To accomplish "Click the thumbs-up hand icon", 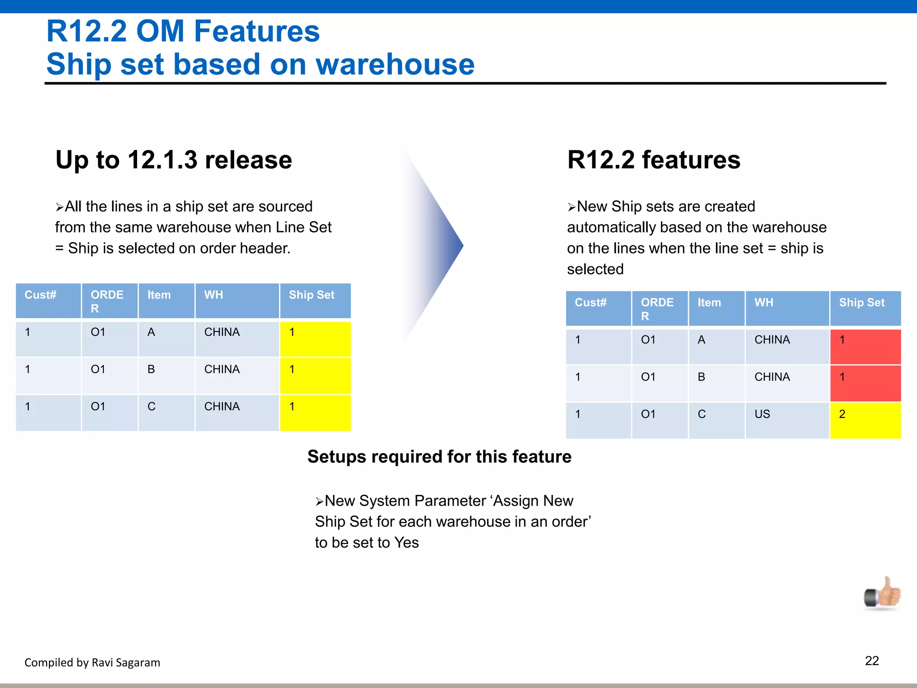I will point(883,593).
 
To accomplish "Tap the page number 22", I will point(871,661).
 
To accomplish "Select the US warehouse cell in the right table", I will point(787,420).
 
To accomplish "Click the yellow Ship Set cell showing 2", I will point(865,420).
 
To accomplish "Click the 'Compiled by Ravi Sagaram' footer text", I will point(92,662).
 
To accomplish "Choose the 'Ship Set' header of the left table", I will point(315,301).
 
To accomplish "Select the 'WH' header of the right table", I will point(787,308).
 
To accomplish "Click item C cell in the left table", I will point(166,412).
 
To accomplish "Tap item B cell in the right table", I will point(716,383).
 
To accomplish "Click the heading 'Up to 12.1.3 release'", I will point(174,160).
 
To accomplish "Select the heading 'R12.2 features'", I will point(654,160).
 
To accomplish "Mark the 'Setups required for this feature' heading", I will point(439,457).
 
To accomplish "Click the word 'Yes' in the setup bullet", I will point(406,542).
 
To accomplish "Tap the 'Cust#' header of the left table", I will point(48,301).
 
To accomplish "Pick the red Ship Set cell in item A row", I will point(865,346).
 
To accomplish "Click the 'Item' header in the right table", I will point(716,308).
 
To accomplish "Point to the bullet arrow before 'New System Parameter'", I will point(319,502).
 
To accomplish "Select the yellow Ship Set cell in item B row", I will point(315,375).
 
